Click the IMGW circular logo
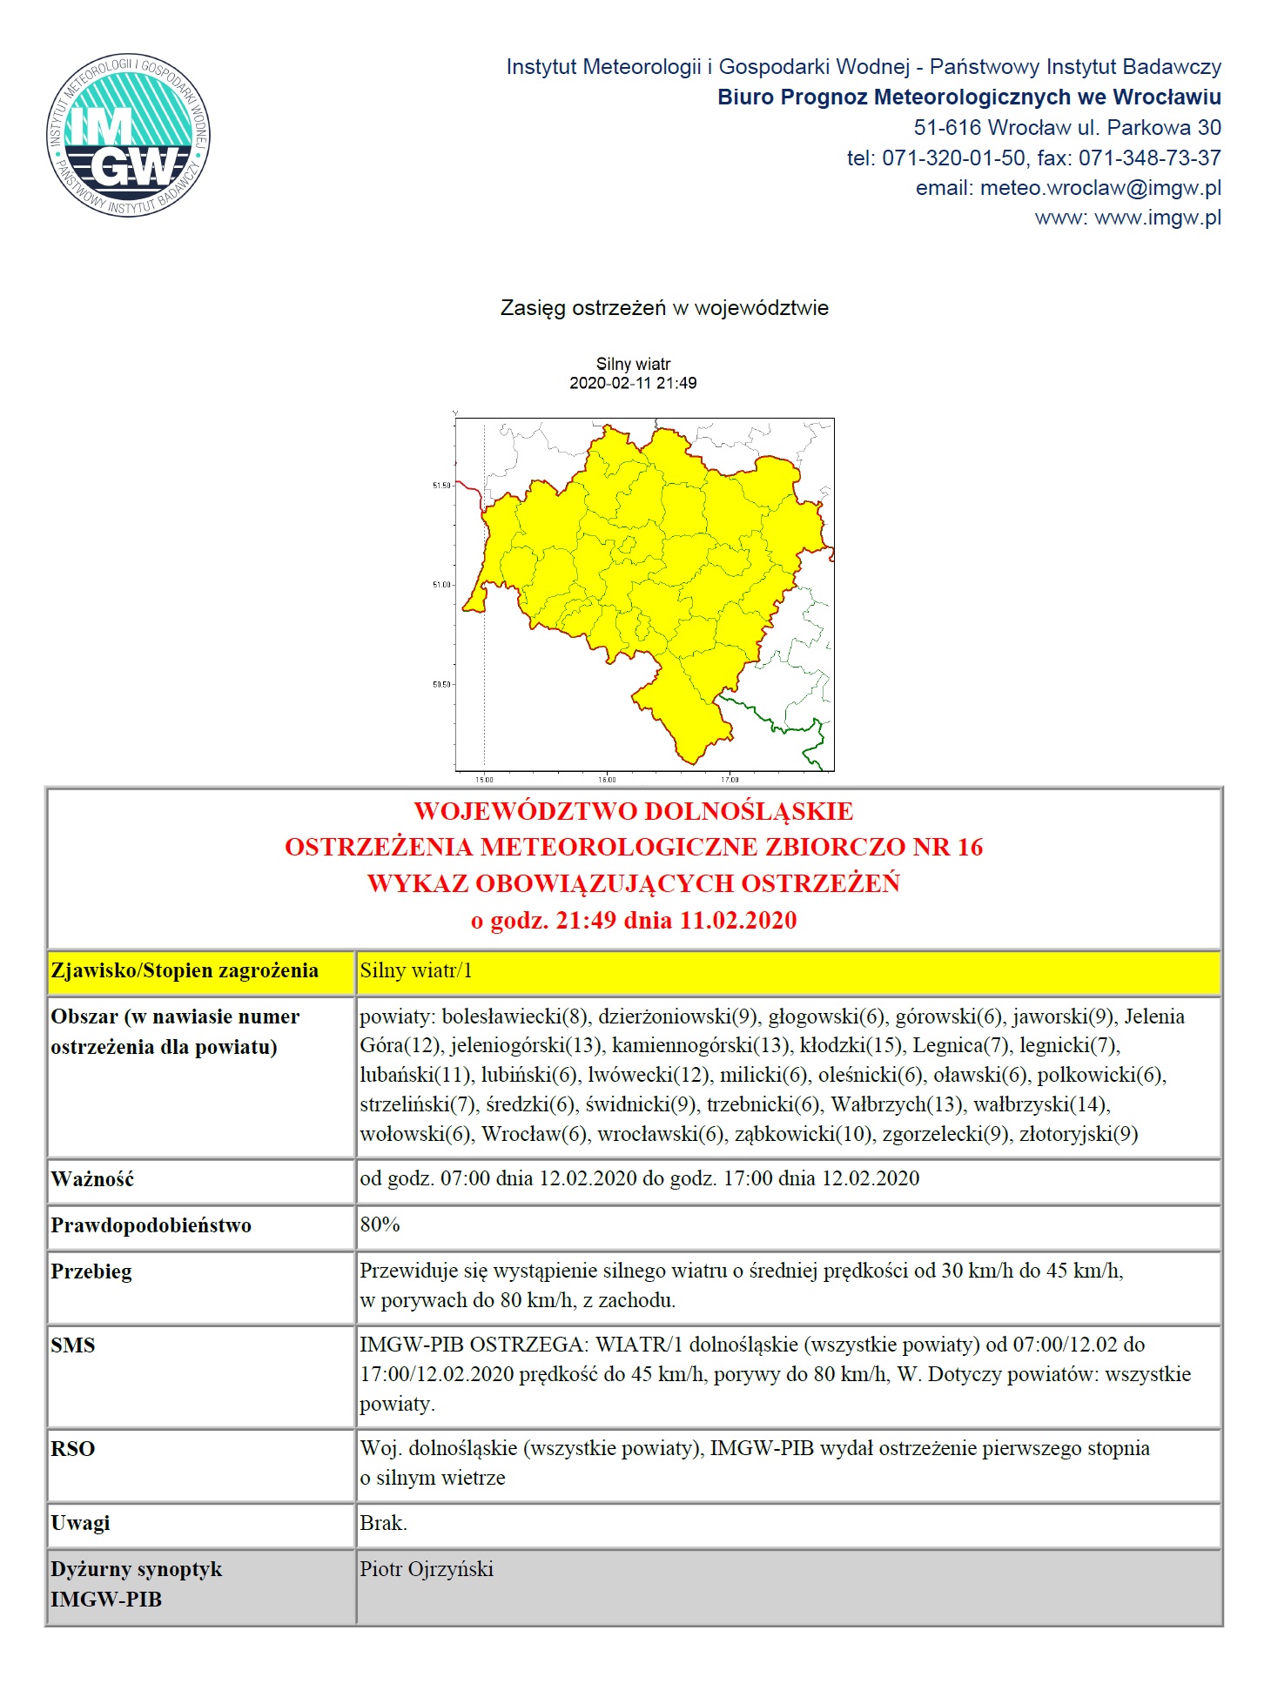[x=128, y=135]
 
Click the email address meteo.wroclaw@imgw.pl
[x=1100, y=188]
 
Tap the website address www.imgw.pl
[x=1158, y=218]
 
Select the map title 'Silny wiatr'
[x=633, y=364]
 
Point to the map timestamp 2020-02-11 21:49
[x=633, y=383]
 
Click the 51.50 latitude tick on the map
[x=442, y=486]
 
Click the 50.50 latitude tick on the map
[x=442, y=685]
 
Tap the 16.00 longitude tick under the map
[x=607, y=780]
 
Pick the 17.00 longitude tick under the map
[x=730, y=780]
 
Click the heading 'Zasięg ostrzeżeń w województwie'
[x=664, y=308]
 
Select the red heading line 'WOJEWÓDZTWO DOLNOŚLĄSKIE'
[x=634, y=811]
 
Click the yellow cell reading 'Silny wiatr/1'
[x=416, y=971]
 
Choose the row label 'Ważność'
[x=92, y=1180]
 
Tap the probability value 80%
[x=380, y=1224]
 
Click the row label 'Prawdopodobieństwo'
[x=151, y=1225]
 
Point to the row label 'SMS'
[x=73, y=1345]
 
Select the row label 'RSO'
[x=73, y=1449]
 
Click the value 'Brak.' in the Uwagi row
[x=383, y=1523]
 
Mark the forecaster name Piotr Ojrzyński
[x=427, y=1569]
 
